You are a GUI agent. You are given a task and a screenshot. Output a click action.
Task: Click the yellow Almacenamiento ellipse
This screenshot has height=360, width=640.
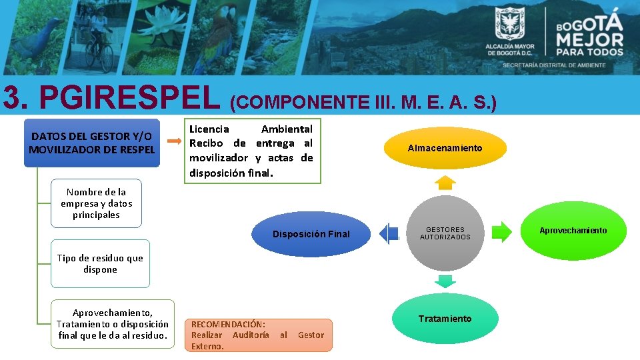[x=445, y=148]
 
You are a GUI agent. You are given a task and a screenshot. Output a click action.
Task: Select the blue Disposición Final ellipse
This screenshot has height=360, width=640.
[x=311, y=234]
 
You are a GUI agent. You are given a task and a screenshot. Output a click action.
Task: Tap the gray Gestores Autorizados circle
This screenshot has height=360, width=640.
[x=445, y=233]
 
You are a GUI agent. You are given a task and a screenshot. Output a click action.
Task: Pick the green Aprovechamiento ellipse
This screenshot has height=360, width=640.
[x=573, y=231]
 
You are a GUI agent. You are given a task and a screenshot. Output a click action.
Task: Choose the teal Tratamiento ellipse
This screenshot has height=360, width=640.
[x=445, y=319]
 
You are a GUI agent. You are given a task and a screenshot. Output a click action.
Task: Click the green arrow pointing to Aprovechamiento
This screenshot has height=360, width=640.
[x=501, y=232]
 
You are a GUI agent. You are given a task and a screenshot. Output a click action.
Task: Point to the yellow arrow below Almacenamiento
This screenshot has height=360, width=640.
[x=445, y=182]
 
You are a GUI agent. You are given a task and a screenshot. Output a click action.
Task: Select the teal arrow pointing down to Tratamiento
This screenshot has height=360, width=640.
[x=445, y=280]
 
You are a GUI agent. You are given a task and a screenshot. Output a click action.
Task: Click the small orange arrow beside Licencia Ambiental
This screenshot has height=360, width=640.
[x=173, y=141]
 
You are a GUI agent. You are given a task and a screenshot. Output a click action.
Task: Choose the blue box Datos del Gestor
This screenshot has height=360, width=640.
[x=91, y=143]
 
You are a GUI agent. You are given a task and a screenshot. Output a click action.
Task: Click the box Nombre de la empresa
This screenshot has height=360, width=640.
[x=96, y=203]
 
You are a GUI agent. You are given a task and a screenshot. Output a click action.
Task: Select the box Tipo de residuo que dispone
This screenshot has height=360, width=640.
[x=100, y=264]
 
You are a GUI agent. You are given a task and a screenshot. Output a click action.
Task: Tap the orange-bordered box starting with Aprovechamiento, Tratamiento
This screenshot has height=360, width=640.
[x=113, y=324]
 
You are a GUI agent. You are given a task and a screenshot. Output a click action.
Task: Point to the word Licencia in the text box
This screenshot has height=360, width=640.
[x=209, y=129]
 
